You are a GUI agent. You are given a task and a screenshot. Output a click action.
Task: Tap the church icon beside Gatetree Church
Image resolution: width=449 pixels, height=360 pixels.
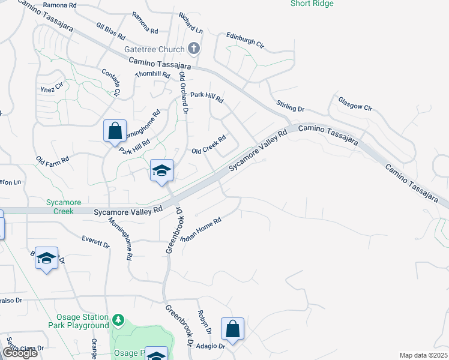(193, 48)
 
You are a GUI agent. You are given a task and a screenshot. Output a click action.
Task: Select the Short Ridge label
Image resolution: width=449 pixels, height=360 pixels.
(312, 4)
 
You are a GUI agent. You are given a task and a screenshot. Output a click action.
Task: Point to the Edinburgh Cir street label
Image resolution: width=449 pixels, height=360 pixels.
(245, 40)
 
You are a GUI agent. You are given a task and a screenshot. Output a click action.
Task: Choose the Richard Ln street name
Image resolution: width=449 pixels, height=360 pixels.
(191, 23)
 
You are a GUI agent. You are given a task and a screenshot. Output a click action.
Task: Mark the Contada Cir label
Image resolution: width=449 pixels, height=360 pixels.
(110, 82)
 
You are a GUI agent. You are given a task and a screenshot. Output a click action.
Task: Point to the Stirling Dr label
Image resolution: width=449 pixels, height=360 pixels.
(291, 106)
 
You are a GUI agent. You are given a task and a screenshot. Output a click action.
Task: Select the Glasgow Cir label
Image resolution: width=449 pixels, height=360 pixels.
(355, 104)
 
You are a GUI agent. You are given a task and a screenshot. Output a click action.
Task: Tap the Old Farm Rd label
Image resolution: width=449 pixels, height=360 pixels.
(53, 160)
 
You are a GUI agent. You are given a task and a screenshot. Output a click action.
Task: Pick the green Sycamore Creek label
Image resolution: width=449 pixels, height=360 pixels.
(60, 207)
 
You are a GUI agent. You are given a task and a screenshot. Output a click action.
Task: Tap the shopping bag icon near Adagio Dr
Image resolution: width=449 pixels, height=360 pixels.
(232, 328)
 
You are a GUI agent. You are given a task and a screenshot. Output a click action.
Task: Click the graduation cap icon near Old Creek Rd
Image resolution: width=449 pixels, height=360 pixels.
(161, 170)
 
